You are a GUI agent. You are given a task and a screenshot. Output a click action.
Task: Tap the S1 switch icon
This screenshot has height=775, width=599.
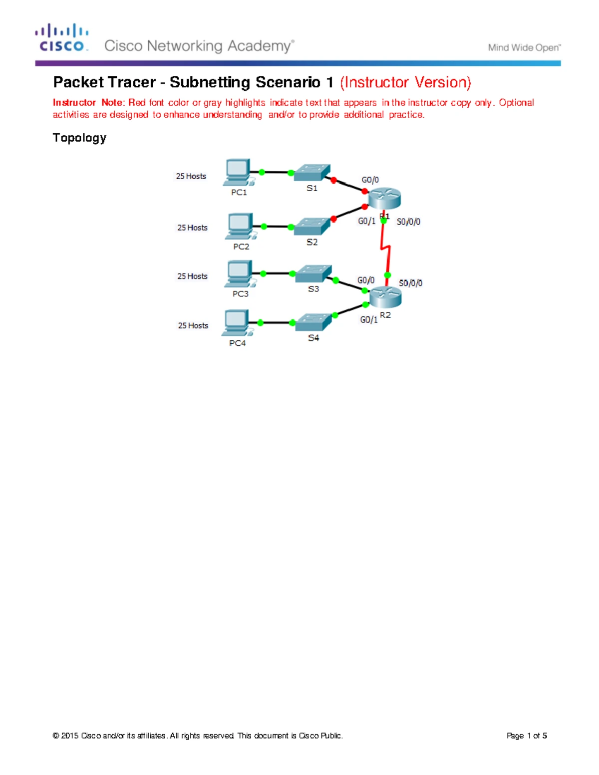[x=312, y=172]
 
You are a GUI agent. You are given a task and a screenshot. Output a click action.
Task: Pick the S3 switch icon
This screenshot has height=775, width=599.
[x=313, y=273]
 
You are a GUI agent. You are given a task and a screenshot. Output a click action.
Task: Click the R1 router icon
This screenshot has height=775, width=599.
[x=384, y=199]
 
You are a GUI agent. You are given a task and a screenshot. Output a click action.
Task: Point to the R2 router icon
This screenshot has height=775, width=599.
[x=385, y=297]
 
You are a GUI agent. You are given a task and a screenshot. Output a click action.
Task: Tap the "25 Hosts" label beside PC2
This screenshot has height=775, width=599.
[x=192, y=228]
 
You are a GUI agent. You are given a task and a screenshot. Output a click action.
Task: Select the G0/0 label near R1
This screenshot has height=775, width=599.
[x=370, y=180]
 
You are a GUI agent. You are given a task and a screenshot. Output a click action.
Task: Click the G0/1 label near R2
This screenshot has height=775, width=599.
[x=368, y=319]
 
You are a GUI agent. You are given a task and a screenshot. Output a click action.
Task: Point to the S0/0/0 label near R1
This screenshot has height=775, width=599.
[x=408, y=222]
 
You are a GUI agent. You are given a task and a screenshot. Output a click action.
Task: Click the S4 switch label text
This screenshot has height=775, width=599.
[x=313, y=338]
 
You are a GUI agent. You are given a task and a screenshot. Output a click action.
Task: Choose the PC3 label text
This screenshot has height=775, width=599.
[x=241, y=294]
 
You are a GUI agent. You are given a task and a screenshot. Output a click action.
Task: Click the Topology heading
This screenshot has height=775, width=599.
[x=79, y=138]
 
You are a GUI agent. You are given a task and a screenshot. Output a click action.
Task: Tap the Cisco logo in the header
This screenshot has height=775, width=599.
[x=62, y=37]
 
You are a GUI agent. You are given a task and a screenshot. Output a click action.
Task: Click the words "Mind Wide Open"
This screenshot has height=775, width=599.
[x=524, y=48]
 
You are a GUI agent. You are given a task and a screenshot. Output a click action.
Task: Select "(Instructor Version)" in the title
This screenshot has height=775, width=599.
[x=406, y=82]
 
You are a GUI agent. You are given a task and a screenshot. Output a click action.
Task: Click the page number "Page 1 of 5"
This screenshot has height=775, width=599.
[x=527, y=736]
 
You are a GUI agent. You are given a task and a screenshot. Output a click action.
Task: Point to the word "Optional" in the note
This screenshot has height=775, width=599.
[x=516, y=103]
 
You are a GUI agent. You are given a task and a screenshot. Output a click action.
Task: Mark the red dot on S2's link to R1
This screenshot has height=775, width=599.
[x=333, y=219]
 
